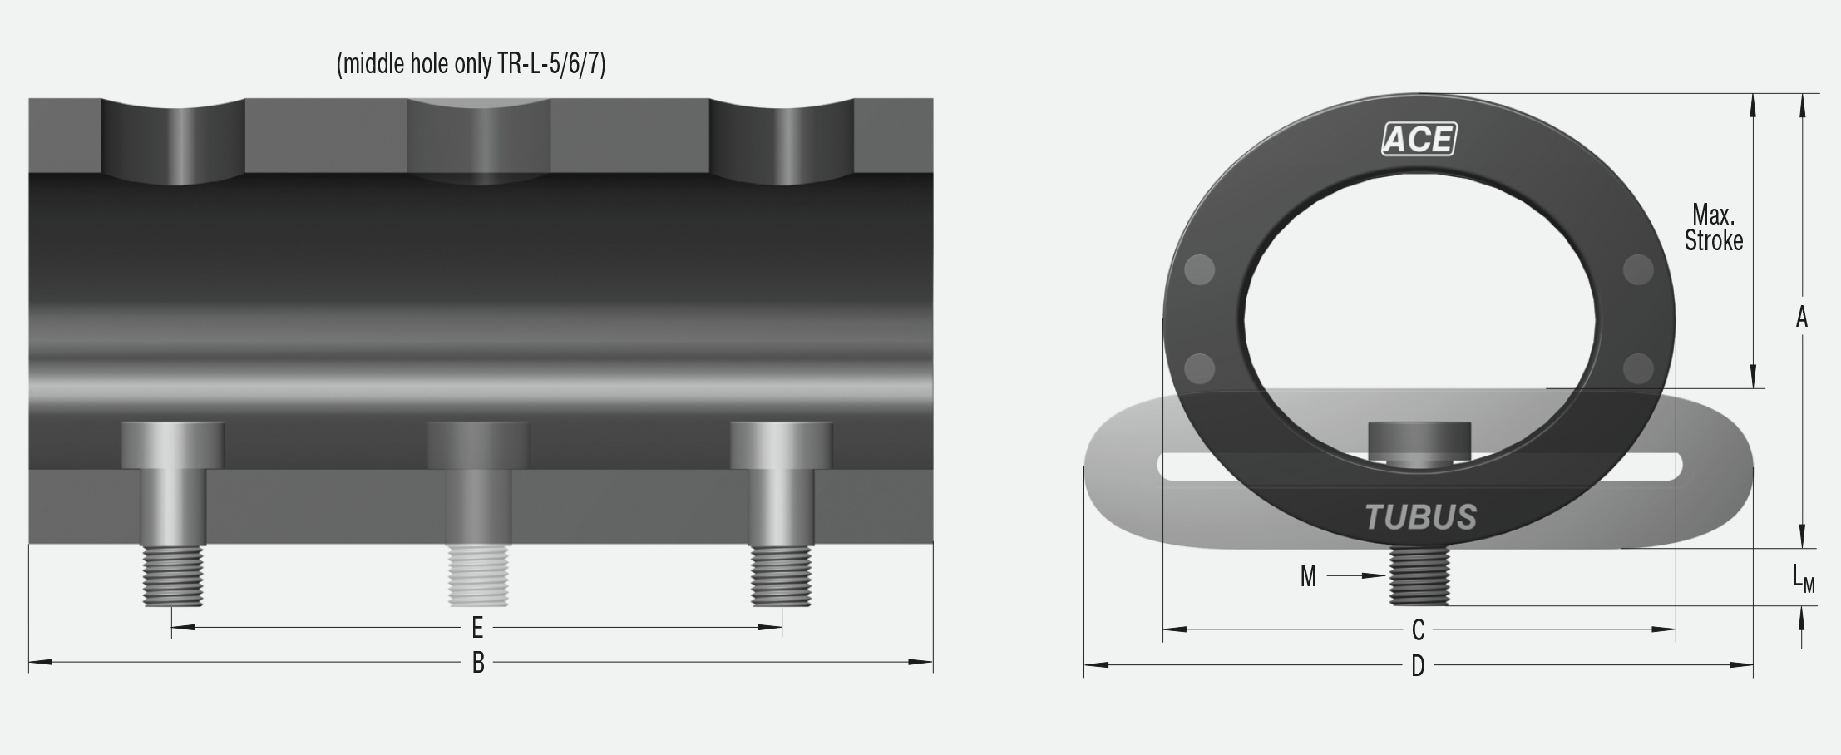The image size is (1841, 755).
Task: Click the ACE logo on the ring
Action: (x=1419, y=139)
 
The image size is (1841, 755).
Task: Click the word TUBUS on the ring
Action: (x=1420, y=517)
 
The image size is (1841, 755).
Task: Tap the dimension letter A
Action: (x=1801, y=318)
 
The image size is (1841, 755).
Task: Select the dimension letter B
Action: (x=478, y=663)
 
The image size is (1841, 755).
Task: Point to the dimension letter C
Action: (x=1419, y=630)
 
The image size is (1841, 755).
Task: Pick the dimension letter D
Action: (x=1418, y=665)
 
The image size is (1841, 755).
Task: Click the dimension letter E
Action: (x=477, y=627)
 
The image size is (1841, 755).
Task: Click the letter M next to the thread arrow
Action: (x=1308, y=576)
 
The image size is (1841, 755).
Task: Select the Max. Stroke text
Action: (x=1713, y=228)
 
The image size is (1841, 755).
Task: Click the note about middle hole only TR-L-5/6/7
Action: (x=471, y=64)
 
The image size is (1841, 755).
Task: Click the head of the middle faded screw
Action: (x=478, y=445)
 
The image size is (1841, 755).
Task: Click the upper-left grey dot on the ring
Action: (x=1199, y=269)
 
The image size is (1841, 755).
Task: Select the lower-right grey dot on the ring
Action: (x=1637, y=368)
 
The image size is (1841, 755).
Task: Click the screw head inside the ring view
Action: (x=1419, y=439)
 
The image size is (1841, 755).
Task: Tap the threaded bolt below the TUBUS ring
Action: (x=1419, y=576)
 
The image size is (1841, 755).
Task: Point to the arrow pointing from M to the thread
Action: (x=1355, y=575)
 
